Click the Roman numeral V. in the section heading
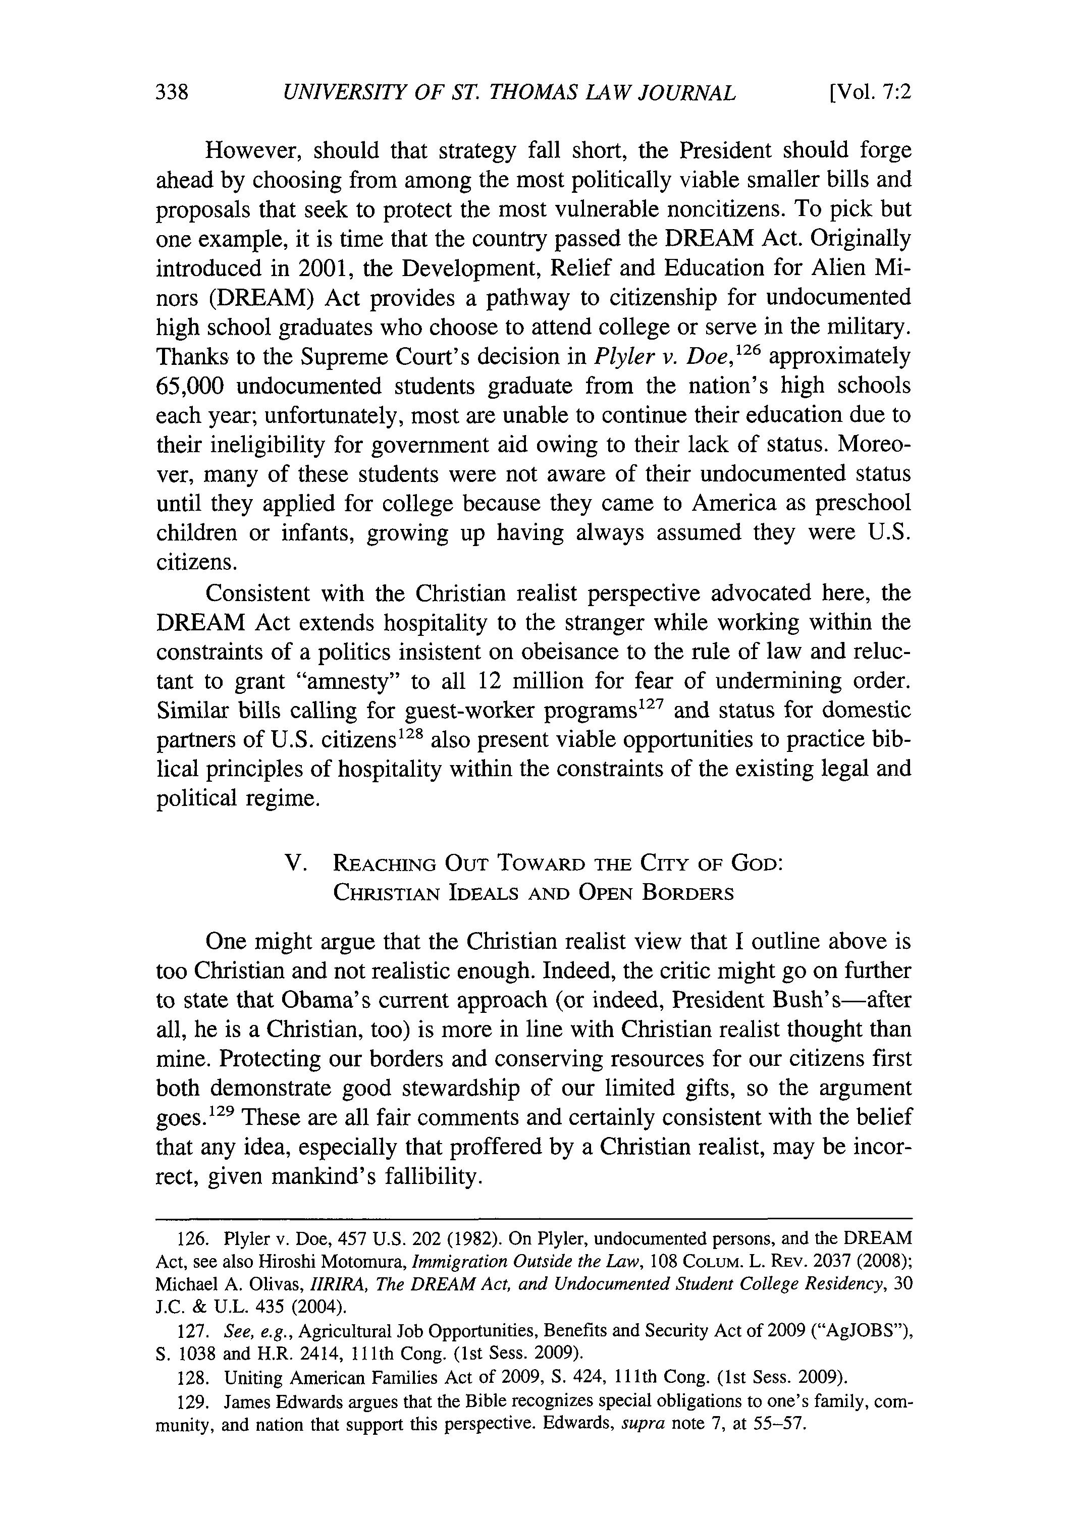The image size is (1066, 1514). click(x=294, y=862)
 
